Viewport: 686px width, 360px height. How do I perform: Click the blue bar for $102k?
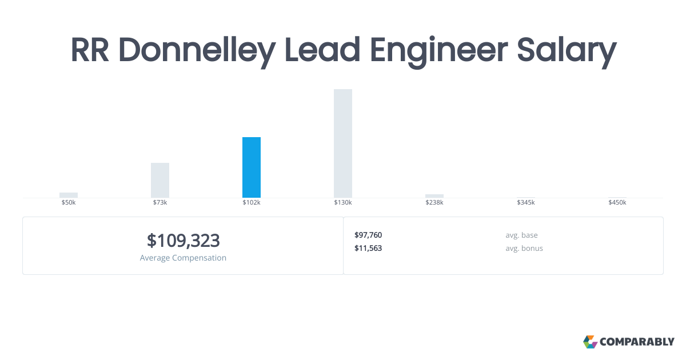pos(252,167)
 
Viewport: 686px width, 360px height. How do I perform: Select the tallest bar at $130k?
pos(343,143)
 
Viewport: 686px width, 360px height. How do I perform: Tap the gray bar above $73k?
pos(160,180)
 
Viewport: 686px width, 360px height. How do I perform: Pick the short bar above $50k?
pos(69,195)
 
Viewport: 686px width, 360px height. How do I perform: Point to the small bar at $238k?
pos(434,196)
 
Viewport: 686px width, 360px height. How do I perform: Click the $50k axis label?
pos(69,203)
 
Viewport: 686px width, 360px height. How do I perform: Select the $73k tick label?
pos(160,203)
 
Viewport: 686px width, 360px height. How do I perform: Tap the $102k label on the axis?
pos(252,203)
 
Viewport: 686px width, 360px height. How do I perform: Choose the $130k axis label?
pos(343,203)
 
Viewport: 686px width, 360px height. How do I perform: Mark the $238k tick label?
pos(434,203)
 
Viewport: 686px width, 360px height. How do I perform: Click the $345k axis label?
pos(526,203)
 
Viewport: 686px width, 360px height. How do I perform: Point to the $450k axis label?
pos(617,203)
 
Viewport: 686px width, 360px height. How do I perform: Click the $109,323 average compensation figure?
pos(183,241)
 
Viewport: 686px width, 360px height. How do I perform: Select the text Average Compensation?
pos(183,258)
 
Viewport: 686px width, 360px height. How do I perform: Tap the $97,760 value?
pos(368,235)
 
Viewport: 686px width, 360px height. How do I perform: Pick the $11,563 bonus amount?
pos(368,249)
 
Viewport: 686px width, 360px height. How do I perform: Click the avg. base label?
pos(521,235)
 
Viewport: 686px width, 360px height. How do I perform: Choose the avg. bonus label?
pos(524,249)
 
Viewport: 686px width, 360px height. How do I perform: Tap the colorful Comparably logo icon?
pos(590,342)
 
